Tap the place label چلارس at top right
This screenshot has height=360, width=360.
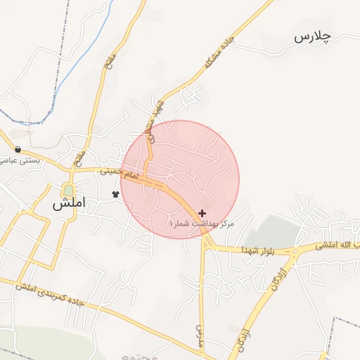(x=312, y=36)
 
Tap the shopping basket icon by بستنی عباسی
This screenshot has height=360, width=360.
(x=17, y=149)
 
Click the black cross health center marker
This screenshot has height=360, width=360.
(x=202, y=212)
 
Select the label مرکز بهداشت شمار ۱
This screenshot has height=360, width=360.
(x=200, y=224)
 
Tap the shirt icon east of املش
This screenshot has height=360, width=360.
(x=116, y=193)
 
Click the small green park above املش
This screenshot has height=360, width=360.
(x=68, y=191)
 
